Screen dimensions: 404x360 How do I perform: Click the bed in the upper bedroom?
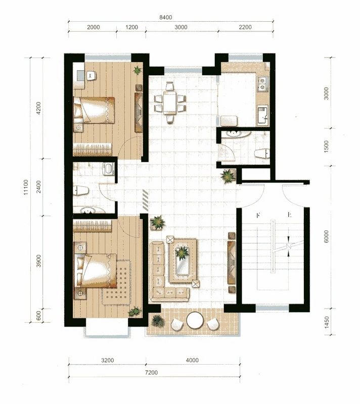[x=95, y=110]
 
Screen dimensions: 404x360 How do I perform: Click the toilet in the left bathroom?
[x=81, y=190]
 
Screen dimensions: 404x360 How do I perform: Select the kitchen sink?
[x=262, y=115]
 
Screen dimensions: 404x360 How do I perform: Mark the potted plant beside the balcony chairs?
[x=158, y=320]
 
